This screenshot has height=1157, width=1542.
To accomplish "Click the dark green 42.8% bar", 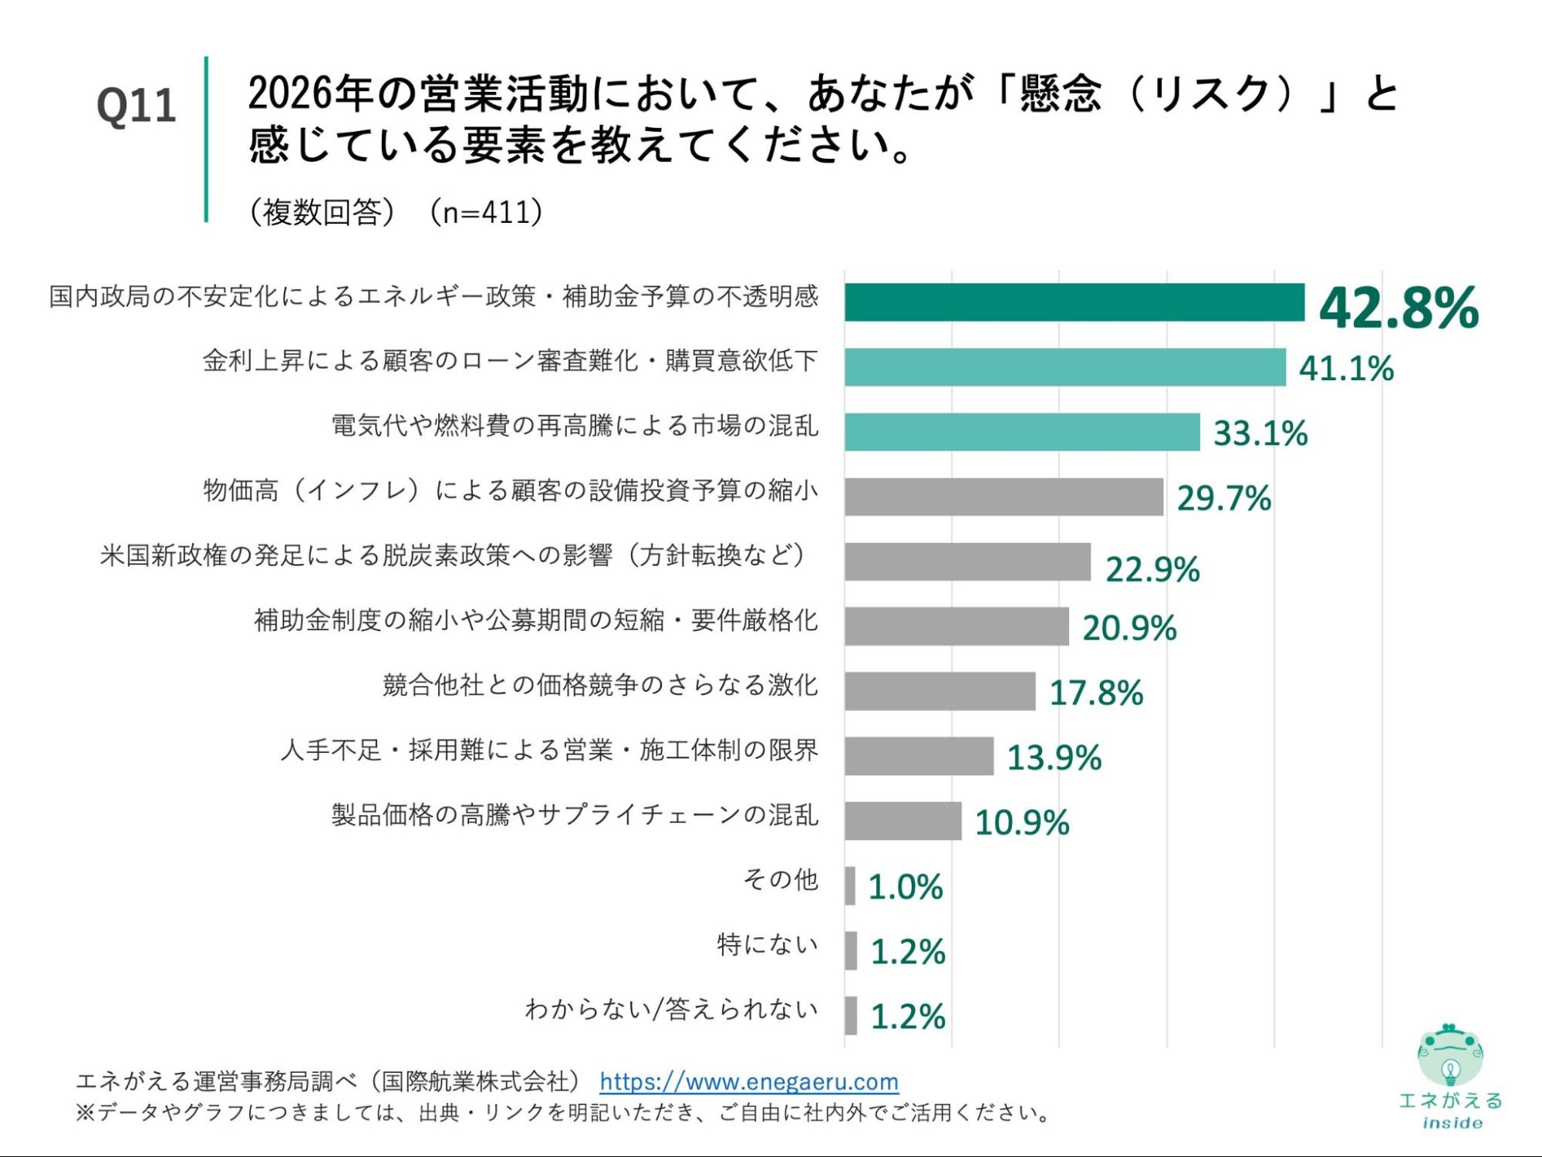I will [x=1074, y=302].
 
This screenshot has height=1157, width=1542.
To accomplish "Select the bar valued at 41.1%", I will [x=1065, y=367].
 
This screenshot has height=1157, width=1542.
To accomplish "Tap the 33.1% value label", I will [x=1260, y=433].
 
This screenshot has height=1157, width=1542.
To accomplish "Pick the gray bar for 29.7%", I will [x=1003, y=497].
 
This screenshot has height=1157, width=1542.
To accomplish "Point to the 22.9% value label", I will [x=1152, y=569].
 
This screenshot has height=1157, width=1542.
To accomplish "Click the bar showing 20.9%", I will [x=957, y=626].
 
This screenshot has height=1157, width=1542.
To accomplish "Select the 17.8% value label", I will [x=1096, y=693].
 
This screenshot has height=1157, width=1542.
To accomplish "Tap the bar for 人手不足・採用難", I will [x=919, y=756].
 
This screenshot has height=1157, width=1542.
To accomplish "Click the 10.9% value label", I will [x=1022, y=822].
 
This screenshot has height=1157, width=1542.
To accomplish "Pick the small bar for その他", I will [x=850, y=885].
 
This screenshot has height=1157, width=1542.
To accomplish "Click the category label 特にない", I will [x=767, y=944].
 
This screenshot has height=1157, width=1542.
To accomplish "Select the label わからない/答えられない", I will [x=671, y=1009].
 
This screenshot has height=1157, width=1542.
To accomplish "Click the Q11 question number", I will [x=136, y=106].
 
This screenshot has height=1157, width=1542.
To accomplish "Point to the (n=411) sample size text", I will [x=486, y=212].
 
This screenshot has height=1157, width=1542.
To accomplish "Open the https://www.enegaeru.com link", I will [x=749, y=1081].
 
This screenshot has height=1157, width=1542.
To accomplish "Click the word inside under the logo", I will [x=1452, y=1123].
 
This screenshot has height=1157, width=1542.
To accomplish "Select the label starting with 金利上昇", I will [x=510, y=361].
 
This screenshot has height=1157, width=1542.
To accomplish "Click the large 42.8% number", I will [x=1399, y=307].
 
